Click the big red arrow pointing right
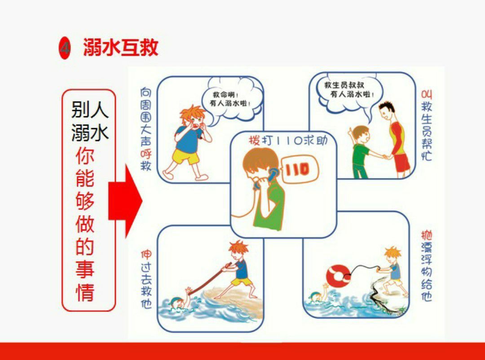coord(125,201)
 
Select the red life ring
coord(338,276)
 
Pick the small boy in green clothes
coord(360,152)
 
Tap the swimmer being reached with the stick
coord(178,302)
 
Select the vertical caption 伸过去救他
coord(146,279)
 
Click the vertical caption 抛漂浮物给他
coord(426,265)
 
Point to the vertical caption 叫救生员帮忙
coord(426,125)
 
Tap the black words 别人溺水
coord(89,121)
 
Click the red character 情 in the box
coord(85,292)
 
